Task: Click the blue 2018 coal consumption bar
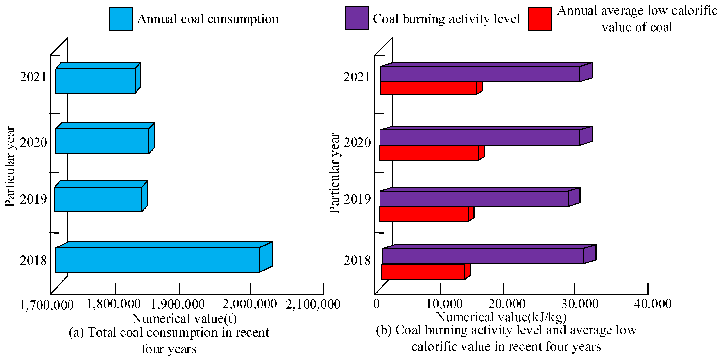[x=157, y=260]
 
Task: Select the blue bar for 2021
[x=95, y=81]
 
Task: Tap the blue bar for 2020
[x=102, y=141]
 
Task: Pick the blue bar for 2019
[x=98, y=199]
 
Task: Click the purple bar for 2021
[x=480, y=74]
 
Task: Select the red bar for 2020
[x=429, y=153]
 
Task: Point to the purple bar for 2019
[x=474, y=199]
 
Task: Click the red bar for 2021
[x=428, y=88]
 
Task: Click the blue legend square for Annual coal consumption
[x=121, y=19]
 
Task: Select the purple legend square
[x=356, y=18]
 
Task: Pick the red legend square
[x=540, y=19]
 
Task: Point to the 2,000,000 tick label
[x=249, y=304]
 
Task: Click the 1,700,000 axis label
[x=47, y=305]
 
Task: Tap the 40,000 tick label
[x=652, y=304]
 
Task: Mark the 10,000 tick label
[x=444, y=304]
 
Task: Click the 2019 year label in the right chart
[x=357, y=199]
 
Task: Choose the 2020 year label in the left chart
[x=33, y=142]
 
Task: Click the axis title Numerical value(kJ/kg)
[x=501, y=317]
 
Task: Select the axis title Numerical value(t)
[x=184, y=319]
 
